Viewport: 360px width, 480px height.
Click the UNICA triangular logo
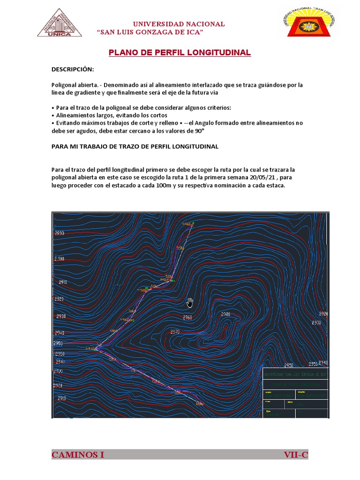60,22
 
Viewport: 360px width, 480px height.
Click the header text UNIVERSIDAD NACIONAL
179,24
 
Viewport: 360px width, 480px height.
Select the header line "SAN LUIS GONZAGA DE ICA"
150,32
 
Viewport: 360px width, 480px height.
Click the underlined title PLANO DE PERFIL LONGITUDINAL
180,53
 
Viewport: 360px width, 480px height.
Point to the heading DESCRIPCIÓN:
73,69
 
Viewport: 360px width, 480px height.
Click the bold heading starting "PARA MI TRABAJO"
135,146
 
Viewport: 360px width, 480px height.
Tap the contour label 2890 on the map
60,233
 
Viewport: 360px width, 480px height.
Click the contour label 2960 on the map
187,317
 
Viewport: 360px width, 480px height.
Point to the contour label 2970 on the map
175,332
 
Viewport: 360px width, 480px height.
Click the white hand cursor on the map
190,302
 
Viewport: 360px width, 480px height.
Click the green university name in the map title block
295,375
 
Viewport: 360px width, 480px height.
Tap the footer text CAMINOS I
78,455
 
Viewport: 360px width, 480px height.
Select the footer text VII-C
295,455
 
